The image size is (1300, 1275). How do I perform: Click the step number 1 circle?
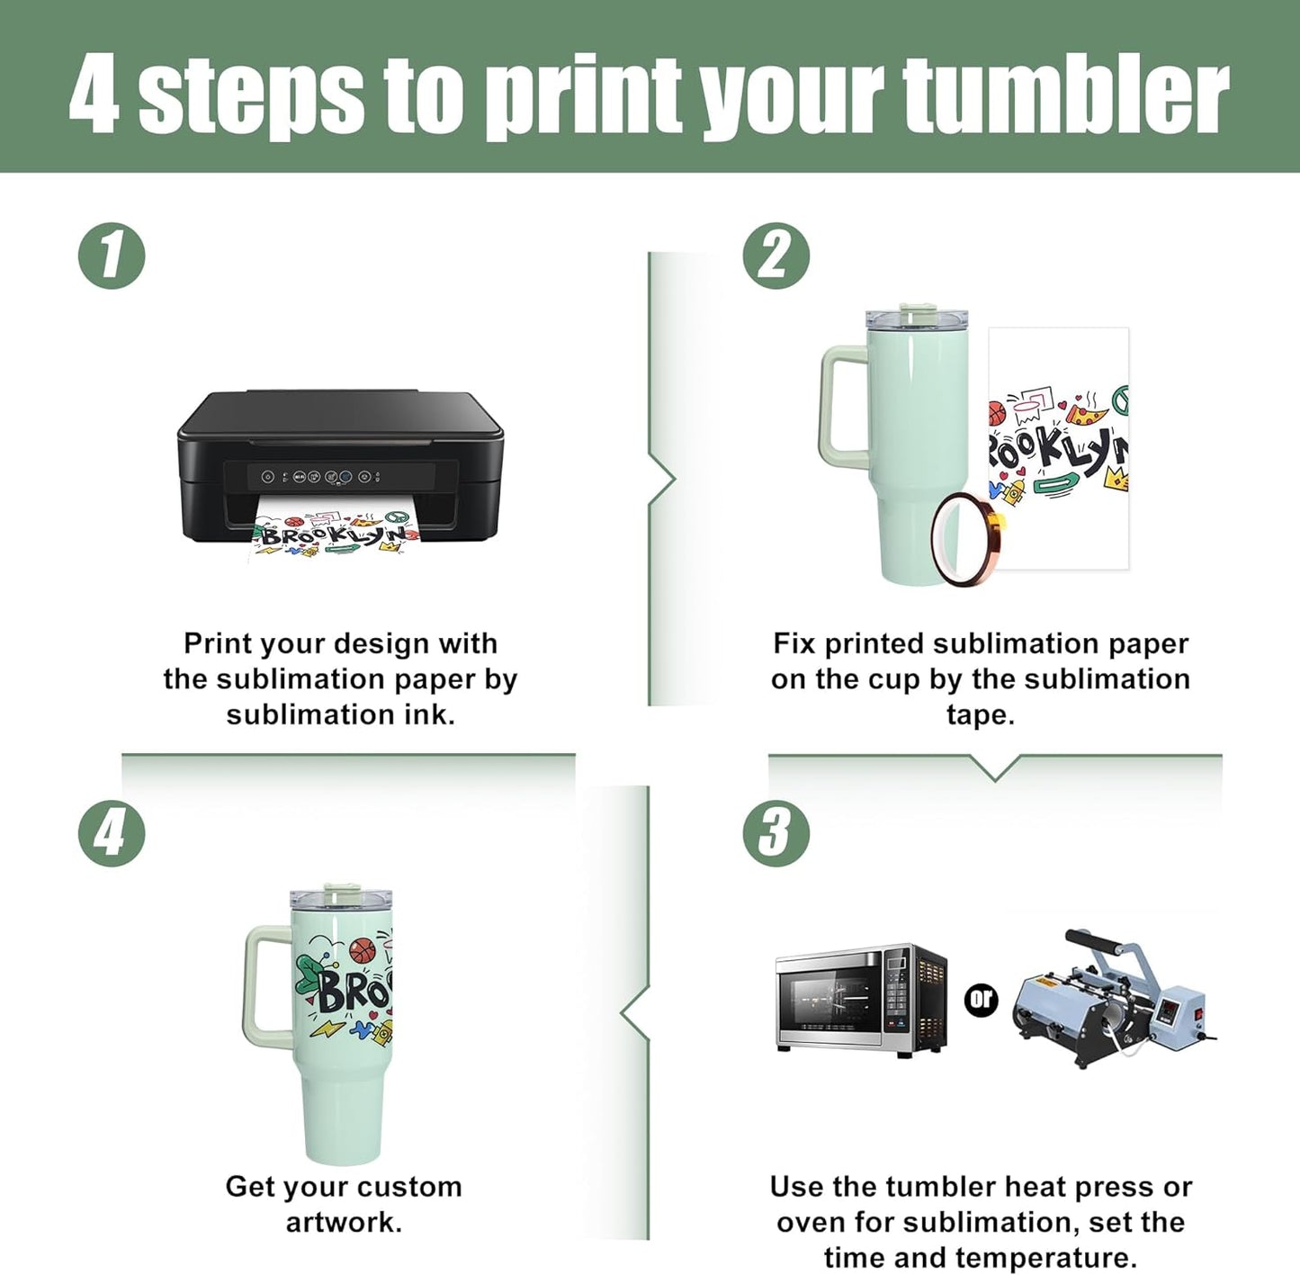click(x=112, y=256)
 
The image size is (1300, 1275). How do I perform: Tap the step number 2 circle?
click(x=776, y=256)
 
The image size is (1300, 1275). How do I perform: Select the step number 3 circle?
click(x=776, y=833)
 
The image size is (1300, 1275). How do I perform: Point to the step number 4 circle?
click(x=112, y=833)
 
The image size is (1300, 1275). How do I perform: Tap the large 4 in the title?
click(x=94, y=94)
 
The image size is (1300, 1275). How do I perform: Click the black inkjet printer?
click(x=341, y=466)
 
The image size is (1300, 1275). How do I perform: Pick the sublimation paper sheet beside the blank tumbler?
click(x=1059, y=448)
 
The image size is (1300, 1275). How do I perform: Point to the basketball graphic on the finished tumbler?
click(x=362, y=951)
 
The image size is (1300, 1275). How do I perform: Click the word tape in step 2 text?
click(x=981, y=714)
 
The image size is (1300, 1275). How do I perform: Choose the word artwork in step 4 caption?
click(x=344, y=1222)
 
